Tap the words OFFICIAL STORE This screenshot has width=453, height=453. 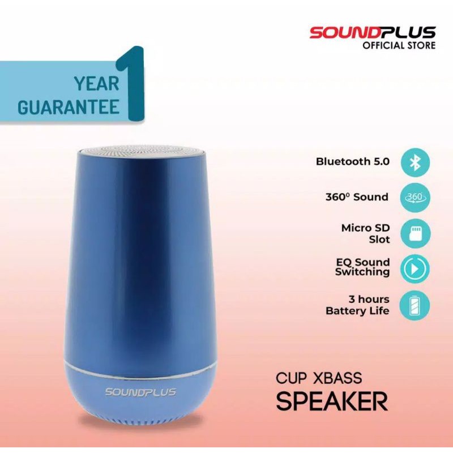pyautogui.click(x=399, y=46)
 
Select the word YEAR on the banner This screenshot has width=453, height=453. pyautogui.click(x=96, y=84)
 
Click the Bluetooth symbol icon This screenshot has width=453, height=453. pyautogui.click(x=416, y=162)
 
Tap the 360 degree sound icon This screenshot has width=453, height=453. pyautogui.click(x=416, y=198)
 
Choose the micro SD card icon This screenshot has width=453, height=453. pyautogui.click(x=416, y=234)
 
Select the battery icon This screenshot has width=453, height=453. pyautogui.click(x=416, y=305)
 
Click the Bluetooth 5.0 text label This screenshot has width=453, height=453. pyautogui.click(x=353, y=162)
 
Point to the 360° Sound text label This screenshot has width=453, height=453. pyautogui.click(x=356, y=197)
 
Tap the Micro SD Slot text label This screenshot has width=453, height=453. pyautogui.click(x=366, y=233)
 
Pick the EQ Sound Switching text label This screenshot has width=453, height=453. pyautogui.click(x=362, y=267)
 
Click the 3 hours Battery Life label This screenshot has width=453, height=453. pyautogui.click(x=358, y=305)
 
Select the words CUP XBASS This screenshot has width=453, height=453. pyautogui.click(x=319, y=378)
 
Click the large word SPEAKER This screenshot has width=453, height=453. pyautogui.click(x=332, y=401)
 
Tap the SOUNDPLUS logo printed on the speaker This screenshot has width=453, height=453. pyautogui.click(x=140, y=392)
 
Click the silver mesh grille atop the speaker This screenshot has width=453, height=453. pyautogui.click(x=140, y=153)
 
